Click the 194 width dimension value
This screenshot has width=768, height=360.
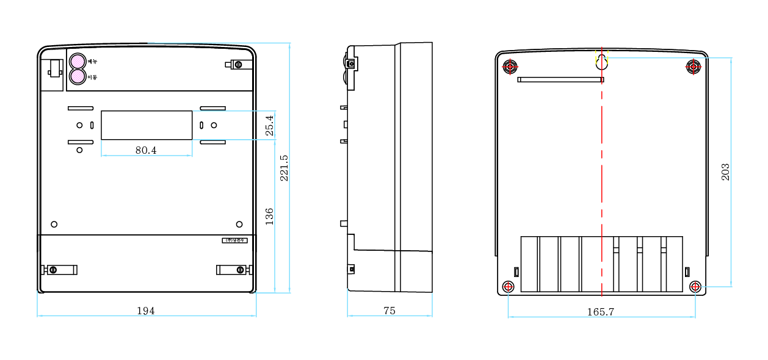(x=145, y=311)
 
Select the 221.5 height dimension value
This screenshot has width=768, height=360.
(x=284, y=168)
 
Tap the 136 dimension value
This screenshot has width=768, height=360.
(x=269, y=217)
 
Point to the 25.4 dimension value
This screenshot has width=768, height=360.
(x=269, y=126)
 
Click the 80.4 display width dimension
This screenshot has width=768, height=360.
(x=146, y=150)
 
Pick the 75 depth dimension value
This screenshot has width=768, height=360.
(x=389, y=311)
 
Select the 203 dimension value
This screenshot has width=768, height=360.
(x=725, y=171)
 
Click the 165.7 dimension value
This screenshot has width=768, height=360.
(x=601, y=312)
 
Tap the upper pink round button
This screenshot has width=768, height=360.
(x=78, y=62)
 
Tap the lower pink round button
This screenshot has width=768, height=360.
(x=78, y=77)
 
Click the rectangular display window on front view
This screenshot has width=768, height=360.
(x=147, y=125)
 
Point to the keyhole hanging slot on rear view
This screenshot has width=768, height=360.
(x=602, y=61)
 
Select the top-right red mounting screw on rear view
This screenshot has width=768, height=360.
(x=694, y=66)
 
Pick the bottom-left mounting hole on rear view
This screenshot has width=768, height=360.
(x=508, y=287)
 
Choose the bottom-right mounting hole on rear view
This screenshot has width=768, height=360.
(x=695, y=287)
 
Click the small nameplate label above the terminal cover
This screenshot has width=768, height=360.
(x=234, y=240)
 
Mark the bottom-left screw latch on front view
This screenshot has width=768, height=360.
(x=59, y=270)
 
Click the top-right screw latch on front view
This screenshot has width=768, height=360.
(x=237, y=65)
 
